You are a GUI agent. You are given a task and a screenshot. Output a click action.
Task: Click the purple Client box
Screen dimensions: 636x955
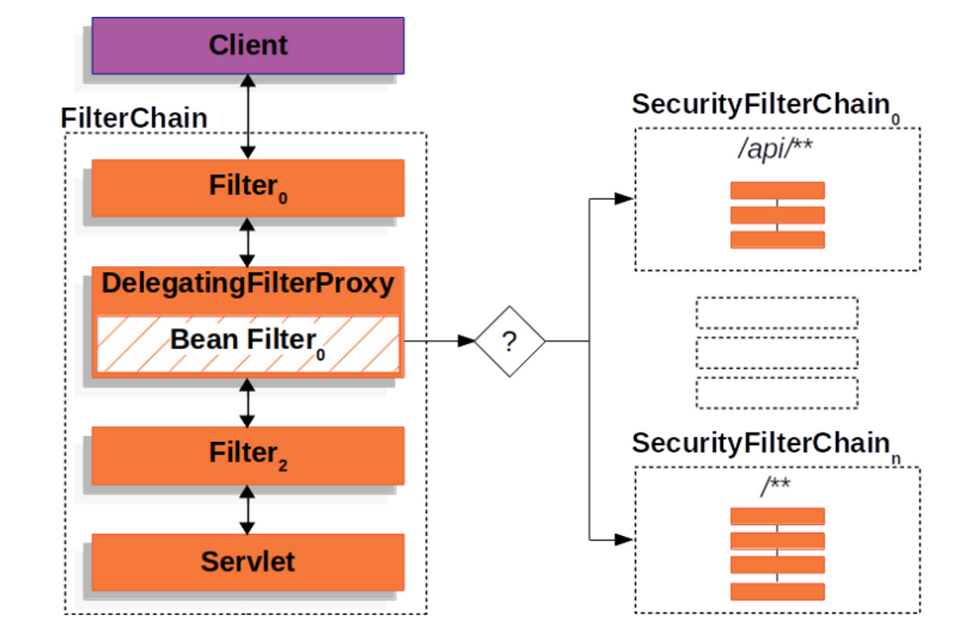click(x=248, y=45)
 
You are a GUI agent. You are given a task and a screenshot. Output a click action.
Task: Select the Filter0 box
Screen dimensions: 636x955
click(x=248, y=187)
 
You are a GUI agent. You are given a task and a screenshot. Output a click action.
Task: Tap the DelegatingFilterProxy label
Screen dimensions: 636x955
click(x=248, y=283)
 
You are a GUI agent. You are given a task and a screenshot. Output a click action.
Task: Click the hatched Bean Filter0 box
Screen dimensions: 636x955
click(x=248, y=343)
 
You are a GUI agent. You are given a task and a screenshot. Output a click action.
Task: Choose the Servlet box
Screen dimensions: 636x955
click(x=248, y=561)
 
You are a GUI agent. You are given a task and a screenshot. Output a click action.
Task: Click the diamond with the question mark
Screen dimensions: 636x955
click(x=510, y=341)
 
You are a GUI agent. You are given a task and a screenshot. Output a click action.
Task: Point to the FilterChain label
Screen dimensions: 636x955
click(x=134, y=118)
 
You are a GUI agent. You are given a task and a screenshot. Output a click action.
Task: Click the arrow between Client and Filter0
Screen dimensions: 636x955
click(x=248, y=116)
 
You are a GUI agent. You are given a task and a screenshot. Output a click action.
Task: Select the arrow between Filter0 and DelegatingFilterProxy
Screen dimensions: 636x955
click(x=248, y=242)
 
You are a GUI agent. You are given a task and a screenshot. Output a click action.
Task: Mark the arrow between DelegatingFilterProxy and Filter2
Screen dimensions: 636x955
click(x=248, y=402)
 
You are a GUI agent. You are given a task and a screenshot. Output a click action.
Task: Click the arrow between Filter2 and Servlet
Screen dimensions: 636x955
click(x=248, y=509)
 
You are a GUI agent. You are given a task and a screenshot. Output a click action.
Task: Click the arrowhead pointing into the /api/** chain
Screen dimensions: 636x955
click(x=624, y=199)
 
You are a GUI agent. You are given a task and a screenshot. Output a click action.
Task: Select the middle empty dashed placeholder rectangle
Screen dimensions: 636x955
click(x=777, y=353)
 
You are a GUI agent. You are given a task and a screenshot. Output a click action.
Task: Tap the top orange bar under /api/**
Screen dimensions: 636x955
click(x=777, y=191)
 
